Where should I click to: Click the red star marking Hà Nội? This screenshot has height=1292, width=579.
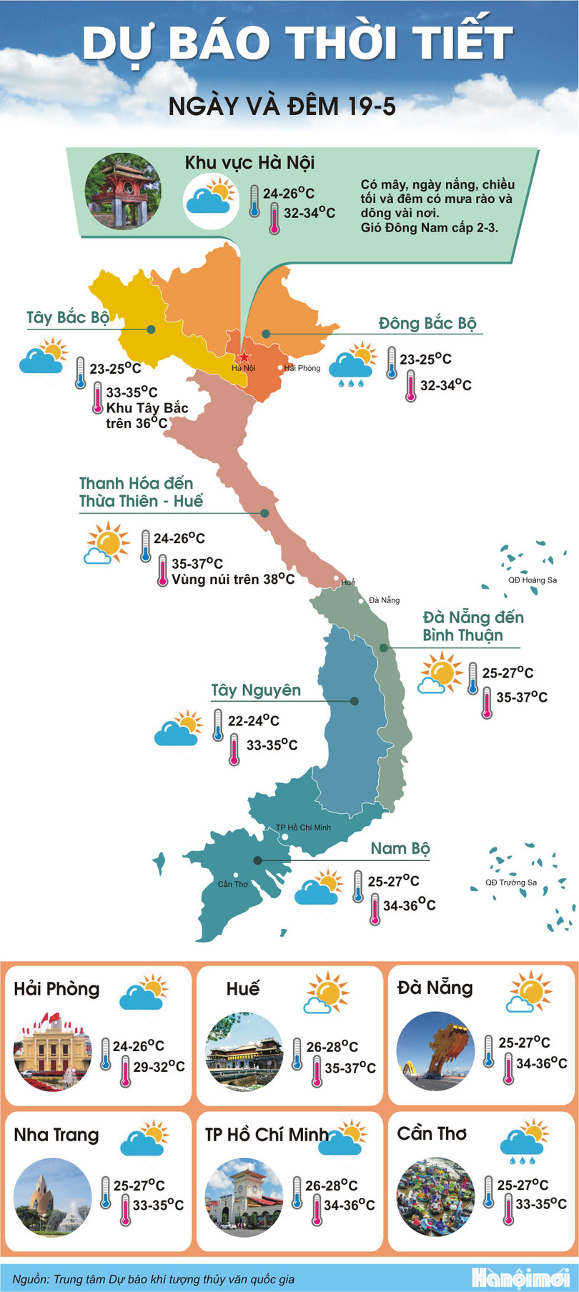244,357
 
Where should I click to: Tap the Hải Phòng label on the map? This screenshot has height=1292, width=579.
302,368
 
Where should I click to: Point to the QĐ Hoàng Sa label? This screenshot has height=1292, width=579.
532,580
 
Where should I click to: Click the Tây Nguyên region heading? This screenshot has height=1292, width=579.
256,690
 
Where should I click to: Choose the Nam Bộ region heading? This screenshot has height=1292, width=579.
400,848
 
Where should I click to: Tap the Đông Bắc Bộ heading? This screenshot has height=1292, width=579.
427,324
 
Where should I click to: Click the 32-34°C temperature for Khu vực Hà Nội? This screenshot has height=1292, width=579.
309,213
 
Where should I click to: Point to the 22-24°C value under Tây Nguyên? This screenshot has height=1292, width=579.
253,720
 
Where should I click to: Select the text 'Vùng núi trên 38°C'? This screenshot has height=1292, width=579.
233,580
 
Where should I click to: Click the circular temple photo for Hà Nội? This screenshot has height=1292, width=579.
123,191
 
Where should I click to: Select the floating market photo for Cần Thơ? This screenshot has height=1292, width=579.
435,1196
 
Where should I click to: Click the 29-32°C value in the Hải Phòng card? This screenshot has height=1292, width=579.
159,1067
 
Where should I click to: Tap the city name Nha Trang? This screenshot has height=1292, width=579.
56,1135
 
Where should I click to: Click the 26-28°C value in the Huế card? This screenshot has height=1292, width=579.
332,1047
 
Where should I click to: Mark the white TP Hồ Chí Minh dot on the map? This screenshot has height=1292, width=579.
284,837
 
